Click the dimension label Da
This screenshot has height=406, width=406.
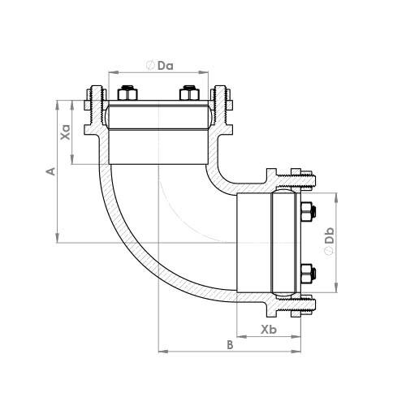166,66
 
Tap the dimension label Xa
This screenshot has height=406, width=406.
66,132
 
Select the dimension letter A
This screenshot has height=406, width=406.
51,171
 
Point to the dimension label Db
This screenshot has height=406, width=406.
330,235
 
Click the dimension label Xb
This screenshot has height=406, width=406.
269,330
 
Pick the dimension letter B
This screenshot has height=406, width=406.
230,345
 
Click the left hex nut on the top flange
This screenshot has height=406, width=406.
127,93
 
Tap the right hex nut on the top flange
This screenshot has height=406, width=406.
189,93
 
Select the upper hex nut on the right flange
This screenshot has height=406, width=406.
308,211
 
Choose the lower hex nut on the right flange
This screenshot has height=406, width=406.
308,274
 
